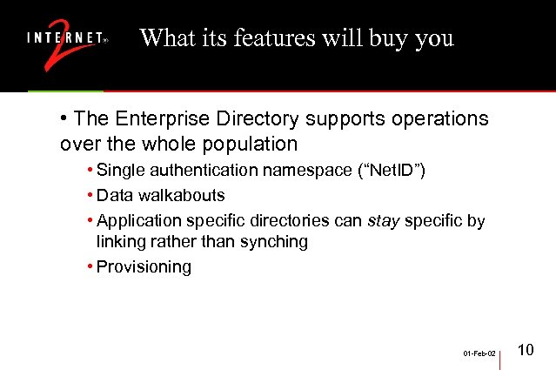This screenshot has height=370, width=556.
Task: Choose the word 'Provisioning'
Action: (144, 267)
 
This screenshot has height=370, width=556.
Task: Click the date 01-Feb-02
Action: (479, 354)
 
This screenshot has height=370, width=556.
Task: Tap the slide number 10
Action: (526, 351)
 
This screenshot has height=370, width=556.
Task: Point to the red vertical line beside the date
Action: (500, 353)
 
